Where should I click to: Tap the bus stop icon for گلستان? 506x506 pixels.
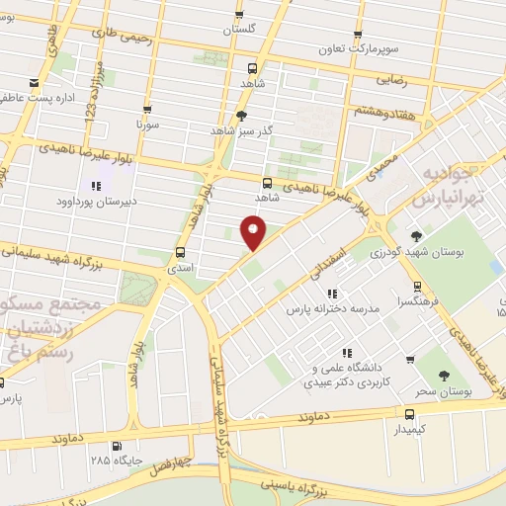(238, 14)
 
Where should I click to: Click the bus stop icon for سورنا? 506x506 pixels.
(147, 110)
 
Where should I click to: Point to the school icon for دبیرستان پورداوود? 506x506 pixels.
(96, 185)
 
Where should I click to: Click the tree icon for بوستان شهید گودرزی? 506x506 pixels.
(416, 235)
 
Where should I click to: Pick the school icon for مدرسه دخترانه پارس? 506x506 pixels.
(331, 293)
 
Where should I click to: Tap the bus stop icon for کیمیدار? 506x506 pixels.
(410, 413)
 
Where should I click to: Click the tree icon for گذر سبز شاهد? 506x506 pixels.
(242, 115)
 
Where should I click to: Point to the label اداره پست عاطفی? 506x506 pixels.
(40, 98)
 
